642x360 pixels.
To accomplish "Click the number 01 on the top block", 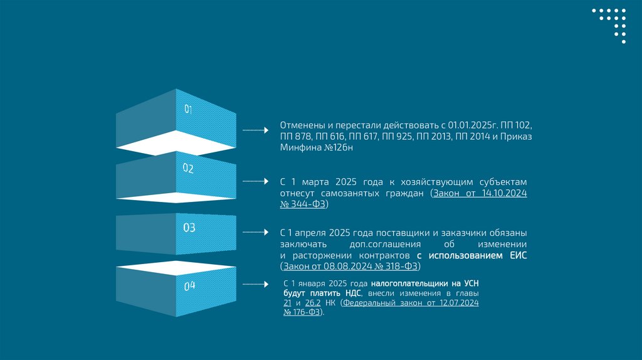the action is (x=188, y=110).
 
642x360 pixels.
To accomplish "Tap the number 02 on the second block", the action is (x=188, y=168).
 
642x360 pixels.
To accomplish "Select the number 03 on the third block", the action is (x=189, y=228).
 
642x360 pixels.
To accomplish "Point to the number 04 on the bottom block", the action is (x=189, y=286).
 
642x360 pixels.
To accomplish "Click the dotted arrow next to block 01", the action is (x=255, y=130).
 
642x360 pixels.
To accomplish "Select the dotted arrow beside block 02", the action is (x=255, y=181).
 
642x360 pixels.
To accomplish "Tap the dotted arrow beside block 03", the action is (x=255, y=232).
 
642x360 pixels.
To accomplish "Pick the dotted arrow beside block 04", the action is (x=255, y=284).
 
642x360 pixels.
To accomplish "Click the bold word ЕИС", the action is (x=518, y=255).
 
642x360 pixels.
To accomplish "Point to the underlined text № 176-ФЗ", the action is (x=302, y=312).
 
